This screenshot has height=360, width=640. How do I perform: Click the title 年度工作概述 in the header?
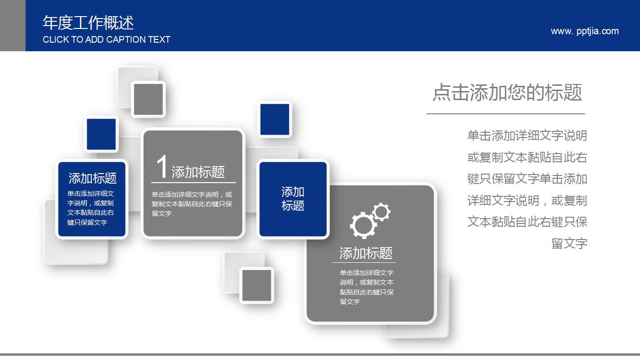point(88,22)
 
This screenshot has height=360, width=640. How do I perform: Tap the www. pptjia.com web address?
point(585,31)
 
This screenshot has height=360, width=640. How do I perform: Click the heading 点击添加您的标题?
point(507,92)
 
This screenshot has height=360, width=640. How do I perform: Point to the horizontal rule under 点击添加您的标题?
point(505,114)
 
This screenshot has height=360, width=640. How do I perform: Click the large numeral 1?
point(162,167)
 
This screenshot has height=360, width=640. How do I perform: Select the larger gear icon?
point(363,224)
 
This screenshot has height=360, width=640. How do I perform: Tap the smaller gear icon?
point(381,212)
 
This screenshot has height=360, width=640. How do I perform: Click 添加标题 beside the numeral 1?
point(198,172)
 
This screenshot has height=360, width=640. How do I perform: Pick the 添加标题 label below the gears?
point(366,253)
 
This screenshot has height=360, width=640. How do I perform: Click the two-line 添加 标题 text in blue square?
point(293,199)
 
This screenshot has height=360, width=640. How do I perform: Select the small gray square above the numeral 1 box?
point(148,99)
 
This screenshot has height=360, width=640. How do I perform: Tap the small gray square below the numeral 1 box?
point(256,285)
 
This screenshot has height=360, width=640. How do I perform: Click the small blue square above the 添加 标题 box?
point(275,120)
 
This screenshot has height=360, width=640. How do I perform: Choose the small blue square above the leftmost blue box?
point(101,134)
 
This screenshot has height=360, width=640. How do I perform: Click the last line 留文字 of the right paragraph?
point(569,244)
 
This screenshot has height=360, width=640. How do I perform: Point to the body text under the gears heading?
point(366,287)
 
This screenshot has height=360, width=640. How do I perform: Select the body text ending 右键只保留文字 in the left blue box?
point(91,208)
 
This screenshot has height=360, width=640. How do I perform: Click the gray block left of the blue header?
point(12,26)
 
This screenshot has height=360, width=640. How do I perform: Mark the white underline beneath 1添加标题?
point(193,182)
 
